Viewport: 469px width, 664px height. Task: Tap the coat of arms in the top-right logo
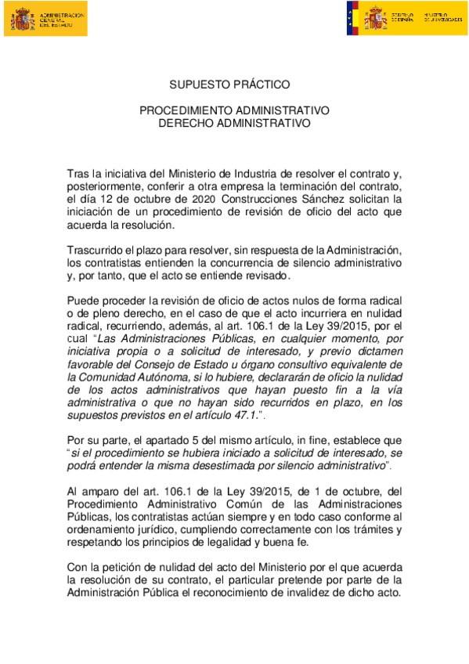[x=374, y=18]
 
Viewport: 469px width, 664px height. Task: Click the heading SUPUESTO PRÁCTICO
[x=234, y=84]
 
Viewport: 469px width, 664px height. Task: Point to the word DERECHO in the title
[x=186, y=123]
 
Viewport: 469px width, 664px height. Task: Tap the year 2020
[x=179, y=199]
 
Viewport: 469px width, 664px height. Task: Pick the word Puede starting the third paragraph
[x=83, y=301]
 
